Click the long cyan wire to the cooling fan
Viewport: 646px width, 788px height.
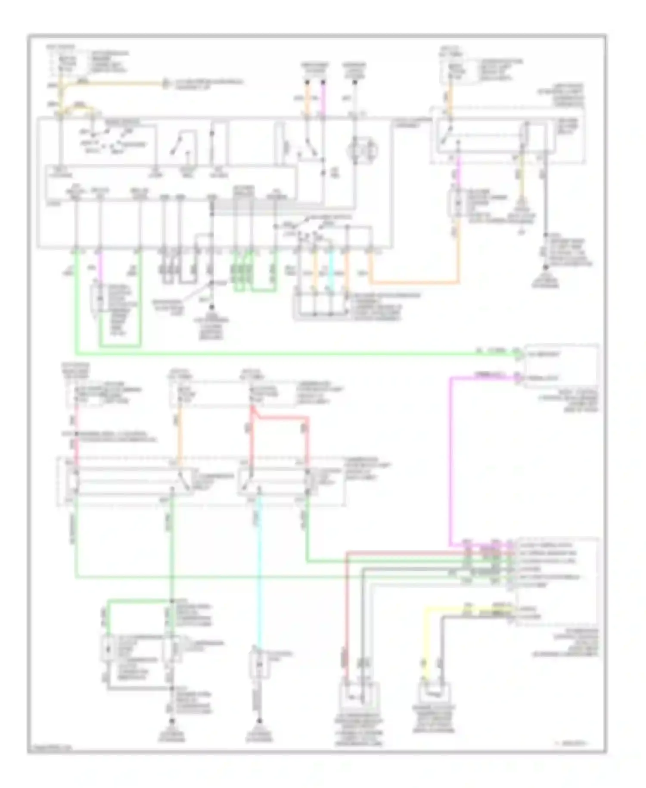pos(259,573)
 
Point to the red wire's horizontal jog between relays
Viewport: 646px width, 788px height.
pos(282,417)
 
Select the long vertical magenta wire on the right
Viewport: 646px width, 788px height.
pos(450,457)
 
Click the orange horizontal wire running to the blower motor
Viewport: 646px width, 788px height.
pos(413,283)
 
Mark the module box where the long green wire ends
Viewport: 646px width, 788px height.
pos(560,366)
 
